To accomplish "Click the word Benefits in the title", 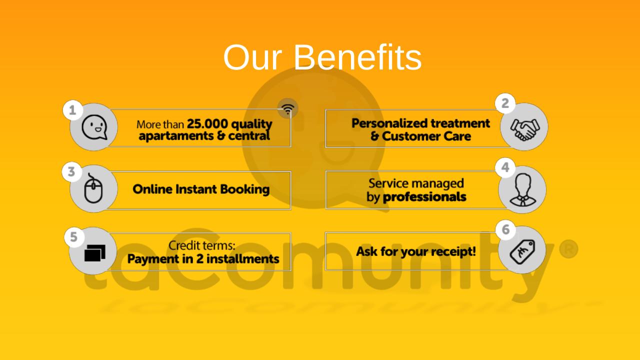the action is [357, 57].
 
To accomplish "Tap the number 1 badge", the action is [73, 110].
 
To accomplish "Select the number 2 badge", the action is [505, 103].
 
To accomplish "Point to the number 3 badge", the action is [71, 172].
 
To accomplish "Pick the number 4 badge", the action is [505, 167].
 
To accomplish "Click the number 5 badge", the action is [73, 237].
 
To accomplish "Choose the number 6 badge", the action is [505, 229].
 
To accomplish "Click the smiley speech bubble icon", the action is [94, 127].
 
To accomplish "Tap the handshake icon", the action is [525, 129].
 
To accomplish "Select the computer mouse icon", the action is [93, 188].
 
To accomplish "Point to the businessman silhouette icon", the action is [522, 189].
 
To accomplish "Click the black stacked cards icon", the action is [95, 253].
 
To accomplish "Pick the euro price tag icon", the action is [522, 251].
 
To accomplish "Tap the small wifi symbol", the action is [287, 109].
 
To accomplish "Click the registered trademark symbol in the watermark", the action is [568, 249].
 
